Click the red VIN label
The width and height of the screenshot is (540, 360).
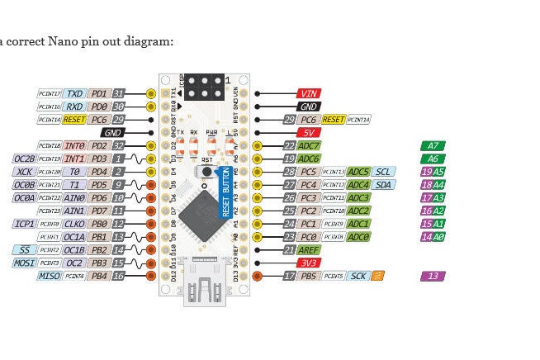(x=309, y=94)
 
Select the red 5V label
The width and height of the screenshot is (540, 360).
(x=309, y=132)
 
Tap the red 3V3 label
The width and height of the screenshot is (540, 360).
(x=309, y=263)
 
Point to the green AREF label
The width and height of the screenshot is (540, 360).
(x=309, y=249)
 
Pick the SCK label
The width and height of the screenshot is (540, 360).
(x=358, y=276)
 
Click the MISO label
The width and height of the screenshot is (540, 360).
(x=49, y=276)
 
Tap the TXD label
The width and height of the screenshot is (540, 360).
(x=75, y=94)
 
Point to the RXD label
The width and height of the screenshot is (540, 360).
(x=75, y=107)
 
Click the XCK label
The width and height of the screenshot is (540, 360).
(x=23, y=172)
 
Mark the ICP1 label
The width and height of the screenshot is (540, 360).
(x=23, y=224)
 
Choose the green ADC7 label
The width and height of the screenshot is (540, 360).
(x=309, y=145)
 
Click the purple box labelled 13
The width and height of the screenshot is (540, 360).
(x=433, y=276)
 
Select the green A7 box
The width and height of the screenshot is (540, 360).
(x=433, y=145)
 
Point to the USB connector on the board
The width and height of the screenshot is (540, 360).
(x=201, y=285)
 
